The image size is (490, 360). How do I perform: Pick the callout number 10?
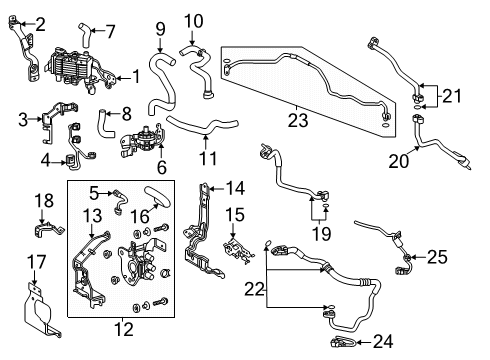click(193, 20)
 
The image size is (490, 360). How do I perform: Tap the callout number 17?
click(31, 265)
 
